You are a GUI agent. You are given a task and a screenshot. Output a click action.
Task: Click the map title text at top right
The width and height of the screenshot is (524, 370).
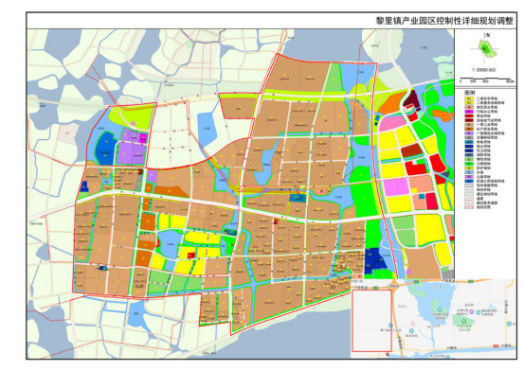pyautogui.click(x=438, y=19)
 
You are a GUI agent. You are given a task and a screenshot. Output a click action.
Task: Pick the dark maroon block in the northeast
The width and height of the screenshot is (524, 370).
pyautogui.click(x=411, y=98)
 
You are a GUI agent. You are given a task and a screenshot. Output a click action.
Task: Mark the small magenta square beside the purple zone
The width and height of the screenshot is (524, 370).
pyautogui.click(x=143, y=138)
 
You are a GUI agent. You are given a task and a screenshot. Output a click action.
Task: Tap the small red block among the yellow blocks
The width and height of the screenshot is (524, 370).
pyautogui.click(x=190, y=254)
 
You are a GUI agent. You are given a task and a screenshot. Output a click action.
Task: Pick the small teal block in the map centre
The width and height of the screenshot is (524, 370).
pyautogui.click(x=298, y=198)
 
